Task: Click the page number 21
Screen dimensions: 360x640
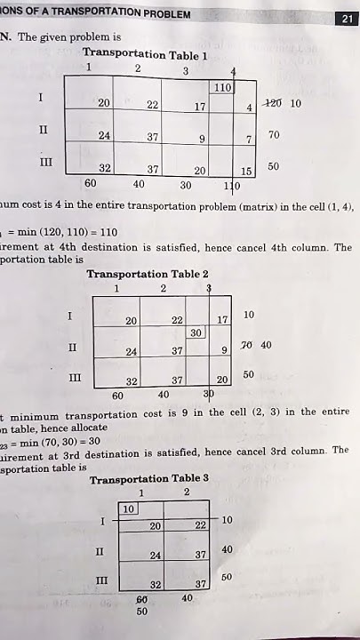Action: (347, 20)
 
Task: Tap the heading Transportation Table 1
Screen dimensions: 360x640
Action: (145, 54)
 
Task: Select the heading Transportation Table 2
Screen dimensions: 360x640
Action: (148, 274)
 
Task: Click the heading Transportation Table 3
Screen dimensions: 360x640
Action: (149, 478)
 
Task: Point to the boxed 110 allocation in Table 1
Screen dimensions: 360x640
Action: (222, 88)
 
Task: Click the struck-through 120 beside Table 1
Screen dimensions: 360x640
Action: (272, 103)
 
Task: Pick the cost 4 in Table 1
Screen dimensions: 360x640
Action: (250, 108)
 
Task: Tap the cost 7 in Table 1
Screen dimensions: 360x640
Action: (250, 140)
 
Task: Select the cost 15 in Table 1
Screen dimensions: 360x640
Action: (246, 171)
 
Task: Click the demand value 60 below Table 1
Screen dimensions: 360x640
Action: (90, 183)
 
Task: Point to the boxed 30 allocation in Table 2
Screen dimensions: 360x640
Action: (196, 332)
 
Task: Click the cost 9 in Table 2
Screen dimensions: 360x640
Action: (225, 350)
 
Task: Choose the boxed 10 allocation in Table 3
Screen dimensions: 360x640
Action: (128, 508)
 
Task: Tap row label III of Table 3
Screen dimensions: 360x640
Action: (101, 580)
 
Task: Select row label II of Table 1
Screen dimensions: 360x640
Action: (43, 130)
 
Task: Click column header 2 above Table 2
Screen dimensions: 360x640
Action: (163, 289)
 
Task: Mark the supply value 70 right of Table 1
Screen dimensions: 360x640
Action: (274, 135)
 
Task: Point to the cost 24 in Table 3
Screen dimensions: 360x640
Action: (156, 555)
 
